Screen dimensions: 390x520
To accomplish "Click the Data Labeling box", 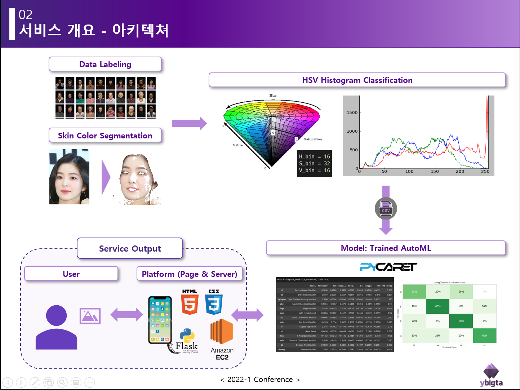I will (105, 64).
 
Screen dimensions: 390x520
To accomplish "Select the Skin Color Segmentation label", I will (105, 136).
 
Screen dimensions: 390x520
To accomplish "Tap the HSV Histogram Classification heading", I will (357, 80).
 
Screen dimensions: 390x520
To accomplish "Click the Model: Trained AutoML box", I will (386, 248).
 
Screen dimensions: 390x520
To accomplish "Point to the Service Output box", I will (130, 248).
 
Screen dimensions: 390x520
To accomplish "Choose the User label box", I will (71, 274).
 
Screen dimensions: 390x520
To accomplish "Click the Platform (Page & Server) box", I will (190, 274).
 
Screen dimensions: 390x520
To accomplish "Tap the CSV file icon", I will (386, 209).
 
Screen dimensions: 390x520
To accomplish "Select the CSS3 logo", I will (214, 302).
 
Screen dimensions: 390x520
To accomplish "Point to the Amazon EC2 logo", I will (222, 339).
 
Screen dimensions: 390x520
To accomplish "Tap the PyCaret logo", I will (388, 267).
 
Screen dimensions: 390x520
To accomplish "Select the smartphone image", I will (160, 320).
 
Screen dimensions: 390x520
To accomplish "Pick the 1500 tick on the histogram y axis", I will (352, 112).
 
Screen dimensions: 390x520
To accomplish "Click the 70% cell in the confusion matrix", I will (461, 321).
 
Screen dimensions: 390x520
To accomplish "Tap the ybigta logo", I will (491, 376).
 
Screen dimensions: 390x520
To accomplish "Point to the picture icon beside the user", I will (90, 316).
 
